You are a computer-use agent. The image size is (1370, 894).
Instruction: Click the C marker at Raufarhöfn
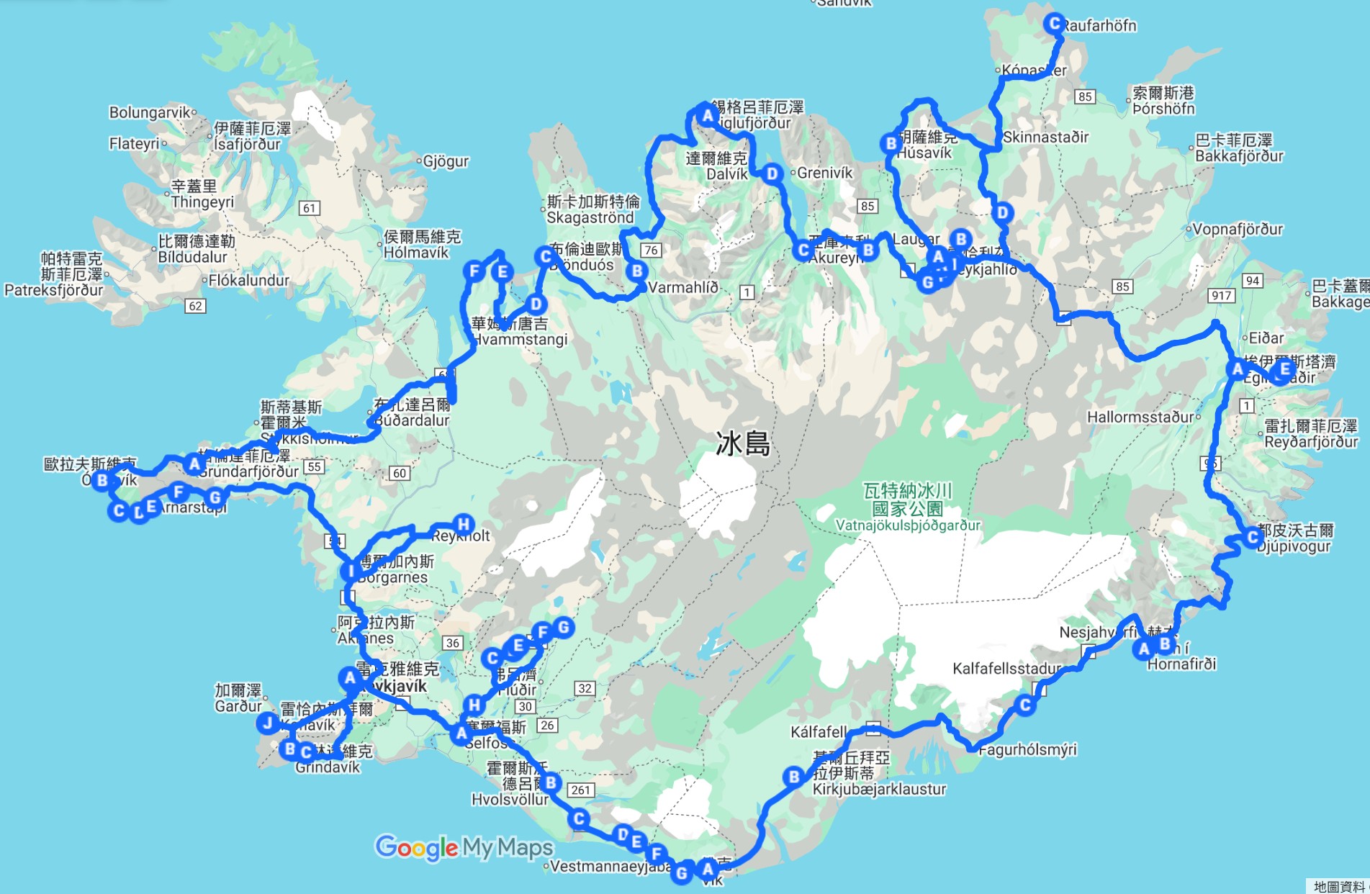coord(1055,24)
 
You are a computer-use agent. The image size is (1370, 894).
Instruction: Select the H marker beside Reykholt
coord(464,524)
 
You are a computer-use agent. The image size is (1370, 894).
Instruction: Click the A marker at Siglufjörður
coord(708,115)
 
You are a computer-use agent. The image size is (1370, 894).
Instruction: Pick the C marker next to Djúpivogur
coord(1253,537)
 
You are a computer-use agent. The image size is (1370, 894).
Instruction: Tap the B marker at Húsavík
coord(891,143)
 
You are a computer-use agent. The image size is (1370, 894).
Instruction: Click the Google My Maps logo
coord(464,847)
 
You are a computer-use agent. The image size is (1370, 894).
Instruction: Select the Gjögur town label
coord(446,161)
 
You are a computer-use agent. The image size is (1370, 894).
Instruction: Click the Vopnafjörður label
coord(1238,230)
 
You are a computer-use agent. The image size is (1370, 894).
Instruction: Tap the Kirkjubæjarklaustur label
coord(879,789)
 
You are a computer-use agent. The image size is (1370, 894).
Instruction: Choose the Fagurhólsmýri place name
coord(1027,749)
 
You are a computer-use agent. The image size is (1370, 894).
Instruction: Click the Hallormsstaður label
coord(1140,417)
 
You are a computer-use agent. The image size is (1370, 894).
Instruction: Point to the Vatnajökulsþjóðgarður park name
coord(908,525)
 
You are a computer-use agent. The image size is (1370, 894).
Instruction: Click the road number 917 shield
coord(1222,295)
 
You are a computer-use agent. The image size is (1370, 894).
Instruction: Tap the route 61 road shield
coord(310,208)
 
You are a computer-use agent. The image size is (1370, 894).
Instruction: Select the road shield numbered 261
coord(581,790)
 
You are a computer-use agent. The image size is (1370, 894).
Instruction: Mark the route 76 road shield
coord(651,250)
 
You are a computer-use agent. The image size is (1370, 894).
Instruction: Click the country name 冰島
coord(743,444)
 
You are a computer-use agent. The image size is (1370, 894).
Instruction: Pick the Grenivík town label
coord(825,173)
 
